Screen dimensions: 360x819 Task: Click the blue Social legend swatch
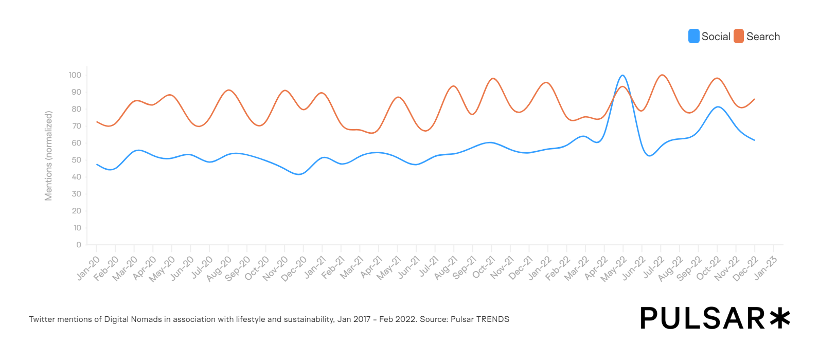click(693, 37)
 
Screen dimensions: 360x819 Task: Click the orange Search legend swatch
click(739, 37)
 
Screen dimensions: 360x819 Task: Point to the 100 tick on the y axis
click(75, 75)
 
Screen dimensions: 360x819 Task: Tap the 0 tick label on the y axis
click(79, 245)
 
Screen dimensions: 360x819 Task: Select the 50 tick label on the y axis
click(76, 160)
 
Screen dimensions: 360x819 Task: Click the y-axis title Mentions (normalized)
click(49, 156)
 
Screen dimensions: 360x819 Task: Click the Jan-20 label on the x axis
click(88, 268)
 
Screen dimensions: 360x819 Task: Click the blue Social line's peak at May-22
click(622, 76)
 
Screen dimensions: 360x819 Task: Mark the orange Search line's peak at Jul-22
click(662, 75)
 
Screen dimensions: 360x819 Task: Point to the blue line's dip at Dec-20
click(299, 174)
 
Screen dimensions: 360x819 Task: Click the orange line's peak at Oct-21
click(493, 79)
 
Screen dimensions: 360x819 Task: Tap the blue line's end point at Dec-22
click(754, 140)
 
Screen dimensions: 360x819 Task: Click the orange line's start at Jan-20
click(97, 122)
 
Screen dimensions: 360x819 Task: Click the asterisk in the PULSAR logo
click(780, 318)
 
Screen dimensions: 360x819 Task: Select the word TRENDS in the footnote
click(492, 319)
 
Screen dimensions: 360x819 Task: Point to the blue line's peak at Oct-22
click(718, 107)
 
